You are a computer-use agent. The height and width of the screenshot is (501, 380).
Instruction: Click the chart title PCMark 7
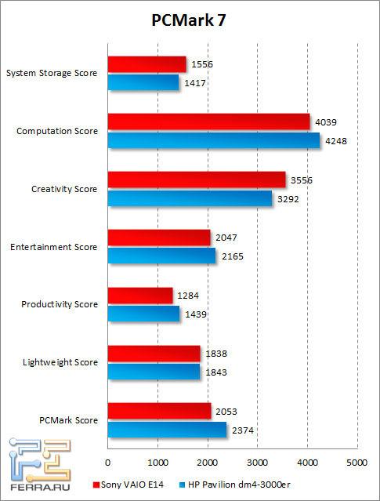[x=190, y=21]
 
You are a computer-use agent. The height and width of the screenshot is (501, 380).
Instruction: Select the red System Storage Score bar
[x=147, y=64]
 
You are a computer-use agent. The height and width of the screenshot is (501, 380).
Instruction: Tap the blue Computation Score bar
[x=213, y=140]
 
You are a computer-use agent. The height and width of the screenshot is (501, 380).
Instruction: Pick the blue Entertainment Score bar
[x=161, y=256]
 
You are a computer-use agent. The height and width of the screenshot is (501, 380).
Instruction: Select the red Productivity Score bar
[x=139, y=296]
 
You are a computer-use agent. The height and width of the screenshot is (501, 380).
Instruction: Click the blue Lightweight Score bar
[x=154, y=372]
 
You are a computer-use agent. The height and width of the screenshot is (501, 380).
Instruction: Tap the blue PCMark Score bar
[x=167, y=430]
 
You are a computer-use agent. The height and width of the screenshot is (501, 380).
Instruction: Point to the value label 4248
[x=336, y=141]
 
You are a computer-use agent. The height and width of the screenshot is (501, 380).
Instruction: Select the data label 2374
[x=241, y=430]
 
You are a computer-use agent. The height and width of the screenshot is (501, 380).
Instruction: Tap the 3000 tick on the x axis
[x=258, y=462]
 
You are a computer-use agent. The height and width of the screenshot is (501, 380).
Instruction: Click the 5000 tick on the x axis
[x=357, y=462]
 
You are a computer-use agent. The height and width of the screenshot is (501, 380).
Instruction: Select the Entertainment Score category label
[x=54, y=247]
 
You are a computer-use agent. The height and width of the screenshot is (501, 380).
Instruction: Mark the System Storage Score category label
[x=52, y=74]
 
